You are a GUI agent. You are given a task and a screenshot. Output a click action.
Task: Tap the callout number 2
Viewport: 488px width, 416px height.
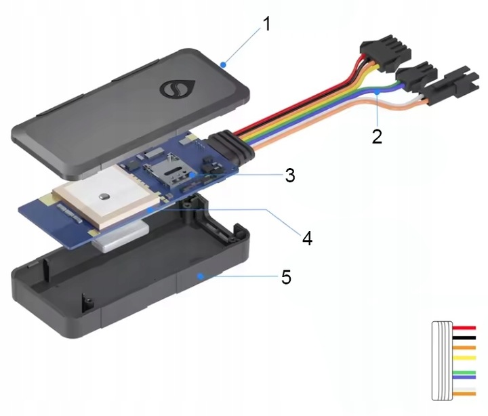(376, 135)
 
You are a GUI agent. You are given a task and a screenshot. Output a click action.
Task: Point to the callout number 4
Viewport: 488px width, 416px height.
(306, 238)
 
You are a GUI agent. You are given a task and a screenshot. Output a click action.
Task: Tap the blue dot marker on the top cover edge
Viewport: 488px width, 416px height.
(223, 64)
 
